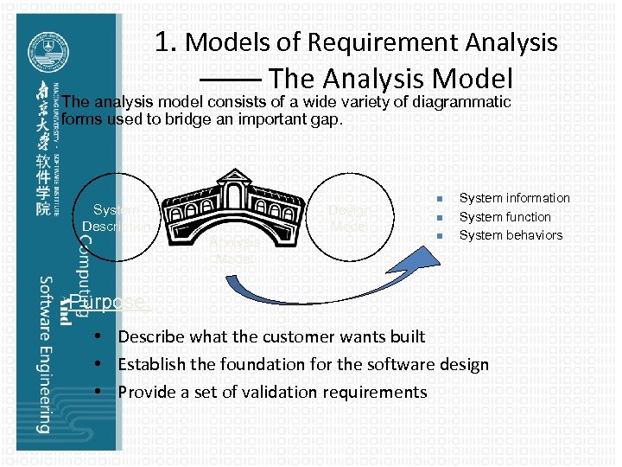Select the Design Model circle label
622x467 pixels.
click(352, 218)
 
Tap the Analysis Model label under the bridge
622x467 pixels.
click(234, 251)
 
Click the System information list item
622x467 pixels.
click(514, 198)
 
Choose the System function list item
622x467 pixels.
click(505, 217)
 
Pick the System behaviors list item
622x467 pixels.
click(510, 235)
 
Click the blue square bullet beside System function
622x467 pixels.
click(441, 217)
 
